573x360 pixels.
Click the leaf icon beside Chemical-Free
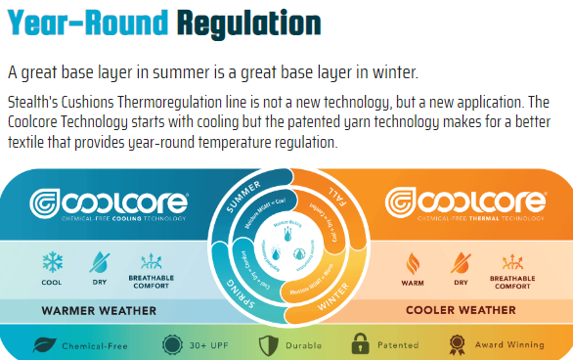pos(45,345)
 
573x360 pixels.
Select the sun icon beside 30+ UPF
pos(172,345)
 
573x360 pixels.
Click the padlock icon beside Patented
pos(360,345)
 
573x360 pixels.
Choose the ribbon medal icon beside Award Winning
pos(456,345)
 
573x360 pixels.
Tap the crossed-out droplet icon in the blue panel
pos(100,263)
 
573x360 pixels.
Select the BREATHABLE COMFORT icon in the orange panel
pos(508,263)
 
